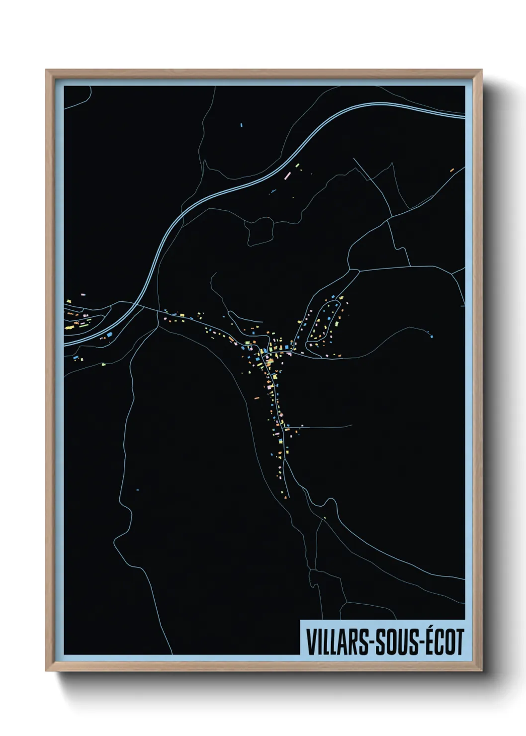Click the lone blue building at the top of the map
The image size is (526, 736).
[241, 125]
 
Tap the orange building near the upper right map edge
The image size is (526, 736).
[452, 170]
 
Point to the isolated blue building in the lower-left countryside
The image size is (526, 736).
[137, 489]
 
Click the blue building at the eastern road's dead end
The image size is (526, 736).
[431, 337]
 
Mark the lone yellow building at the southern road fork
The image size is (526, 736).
[325, 518]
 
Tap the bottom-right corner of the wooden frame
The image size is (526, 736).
[482, 671]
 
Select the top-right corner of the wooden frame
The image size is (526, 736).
[482, 70]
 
